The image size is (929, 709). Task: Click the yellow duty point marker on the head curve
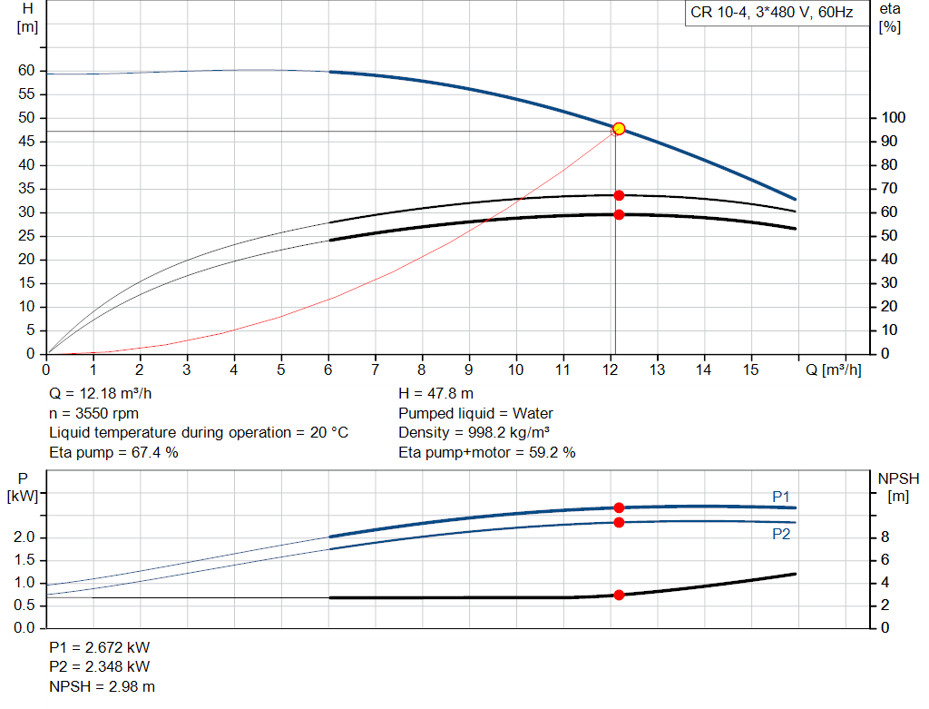[619, 129]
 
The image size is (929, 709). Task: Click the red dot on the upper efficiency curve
[619, 195]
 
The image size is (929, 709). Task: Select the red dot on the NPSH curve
[619, 596]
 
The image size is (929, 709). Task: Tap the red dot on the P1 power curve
[619, 507]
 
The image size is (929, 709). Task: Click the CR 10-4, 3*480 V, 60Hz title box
[771, 14]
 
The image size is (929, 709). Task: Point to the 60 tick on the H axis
[25, 71]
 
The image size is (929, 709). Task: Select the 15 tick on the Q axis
[750, 370]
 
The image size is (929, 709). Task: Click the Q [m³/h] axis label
[833, 370]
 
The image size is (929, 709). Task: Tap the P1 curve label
[781, 497]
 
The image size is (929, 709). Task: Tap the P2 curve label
[781, 535]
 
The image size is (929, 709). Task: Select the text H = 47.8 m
[435, 394]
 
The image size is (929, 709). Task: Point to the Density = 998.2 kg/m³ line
[474, 432]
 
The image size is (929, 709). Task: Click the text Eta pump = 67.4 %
[113, 452]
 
